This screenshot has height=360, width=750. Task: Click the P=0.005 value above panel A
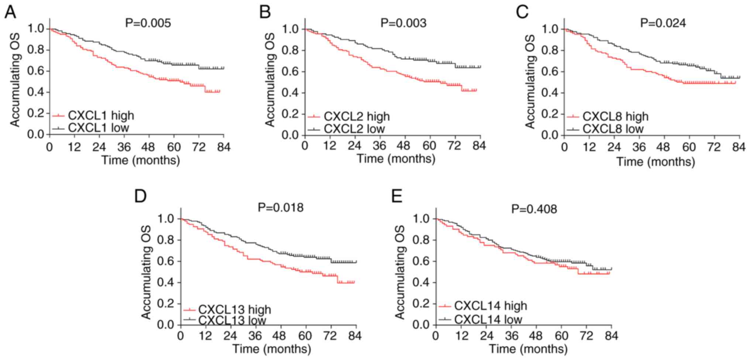[x=148, y=23]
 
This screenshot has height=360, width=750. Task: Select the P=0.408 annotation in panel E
[x=534, y=209]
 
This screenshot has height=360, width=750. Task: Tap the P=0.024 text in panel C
[x=663, y=23]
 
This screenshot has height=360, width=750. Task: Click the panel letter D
[x=140, y=196]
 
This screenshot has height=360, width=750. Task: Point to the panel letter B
[x=265, y=12]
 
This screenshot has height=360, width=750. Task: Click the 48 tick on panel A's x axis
[x=149, y=147]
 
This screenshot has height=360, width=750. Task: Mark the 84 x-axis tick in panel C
[x=739, y=147]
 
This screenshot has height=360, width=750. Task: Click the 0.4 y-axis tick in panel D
[x=166, y=283]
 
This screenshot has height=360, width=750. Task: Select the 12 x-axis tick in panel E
[x=461, y=336]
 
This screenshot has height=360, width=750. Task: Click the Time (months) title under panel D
[x=272, y=349]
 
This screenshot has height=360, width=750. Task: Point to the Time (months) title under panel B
[x=396, y=159]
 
